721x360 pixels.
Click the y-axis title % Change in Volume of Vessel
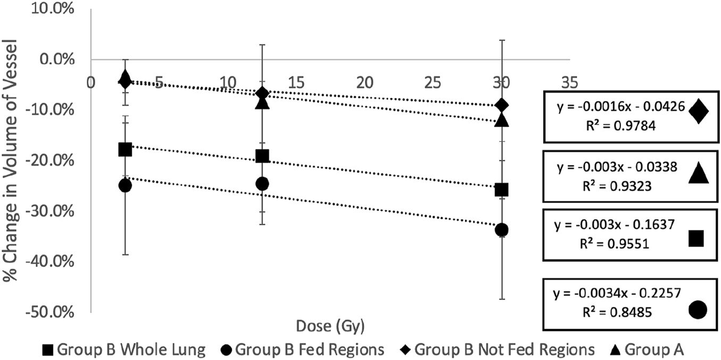click(x=11, y=162)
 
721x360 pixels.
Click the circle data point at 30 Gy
click(x=501, y=230)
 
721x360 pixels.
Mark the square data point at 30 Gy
click(x=501, y=189)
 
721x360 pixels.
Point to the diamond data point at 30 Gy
click(x=501, y=105)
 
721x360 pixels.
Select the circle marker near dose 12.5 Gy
click(x=262, y=183)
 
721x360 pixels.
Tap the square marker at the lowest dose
click(x=125, y=149)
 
